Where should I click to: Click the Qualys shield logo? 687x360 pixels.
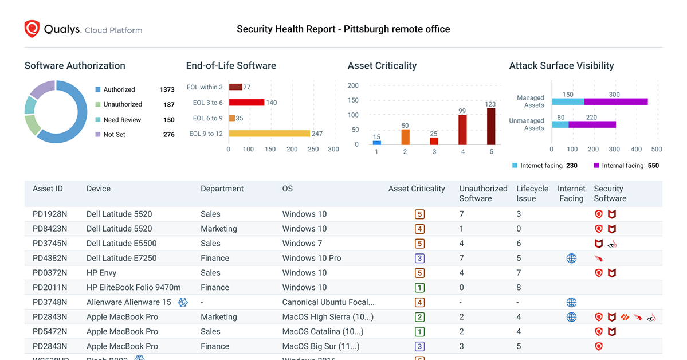click(32, 29)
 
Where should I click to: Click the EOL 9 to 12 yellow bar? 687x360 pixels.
click(269, 134)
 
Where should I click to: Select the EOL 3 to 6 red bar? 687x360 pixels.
click(246, 103)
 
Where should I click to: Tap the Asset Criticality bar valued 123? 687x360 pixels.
click(491, 126)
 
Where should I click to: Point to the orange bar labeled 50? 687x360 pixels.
click(405, 137)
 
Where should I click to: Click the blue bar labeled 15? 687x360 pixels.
click(376, 142)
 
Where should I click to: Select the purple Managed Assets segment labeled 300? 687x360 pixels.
click(616, 101)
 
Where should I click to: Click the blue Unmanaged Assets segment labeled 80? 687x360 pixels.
click(560, 124)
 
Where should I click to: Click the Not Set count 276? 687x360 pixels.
click(168, 135)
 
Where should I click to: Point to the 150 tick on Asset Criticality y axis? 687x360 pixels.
click(353, 100)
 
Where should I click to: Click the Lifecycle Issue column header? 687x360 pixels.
click(532, 194)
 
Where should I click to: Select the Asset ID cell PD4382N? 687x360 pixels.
click(50, 258)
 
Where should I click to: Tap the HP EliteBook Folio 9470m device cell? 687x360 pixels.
click(134, 288)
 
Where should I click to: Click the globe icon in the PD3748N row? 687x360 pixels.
click(571, 302)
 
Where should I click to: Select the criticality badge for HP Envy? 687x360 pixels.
click(420, 273)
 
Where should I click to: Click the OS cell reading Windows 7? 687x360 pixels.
click(302, 243)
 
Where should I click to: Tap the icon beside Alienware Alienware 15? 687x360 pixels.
click(183, 302)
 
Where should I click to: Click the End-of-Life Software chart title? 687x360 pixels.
click(231, 66)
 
